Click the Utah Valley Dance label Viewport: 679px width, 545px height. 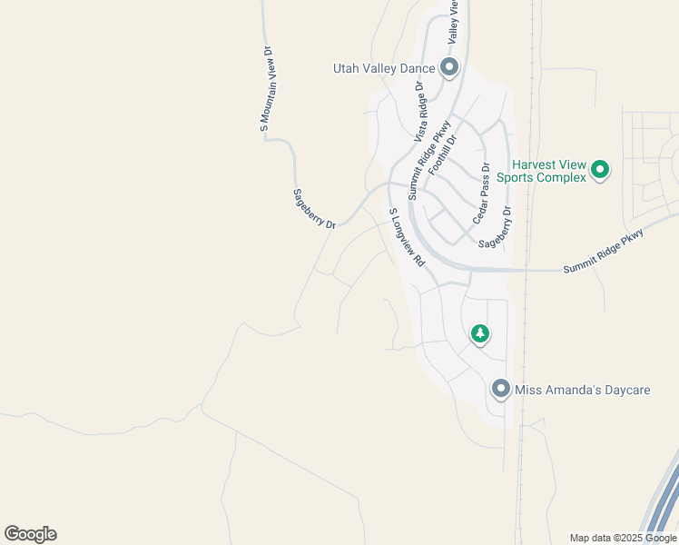(385, 68)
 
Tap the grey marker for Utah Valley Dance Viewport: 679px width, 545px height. (448, 67)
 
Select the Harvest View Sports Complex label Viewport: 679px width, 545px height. (547, 171)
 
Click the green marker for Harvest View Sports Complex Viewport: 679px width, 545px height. (599, 169)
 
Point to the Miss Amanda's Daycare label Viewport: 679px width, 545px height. (583, 390)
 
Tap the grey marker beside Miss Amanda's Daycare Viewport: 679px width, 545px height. (500, 389)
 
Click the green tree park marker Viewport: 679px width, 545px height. (480, 334)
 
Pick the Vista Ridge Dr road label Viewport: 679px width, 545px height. (419, 112)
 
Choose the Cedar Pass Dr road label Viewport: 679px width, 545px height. (482, 194)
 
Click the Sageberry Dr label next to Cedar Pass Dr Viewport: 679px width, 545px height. (495, 227)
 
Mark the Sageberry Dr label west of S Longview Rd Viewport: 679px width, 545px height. (314, 208)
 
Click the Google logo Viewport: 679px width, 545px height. (30, 534)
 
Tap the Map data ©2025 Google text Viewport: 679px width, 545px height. (623, 538)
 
